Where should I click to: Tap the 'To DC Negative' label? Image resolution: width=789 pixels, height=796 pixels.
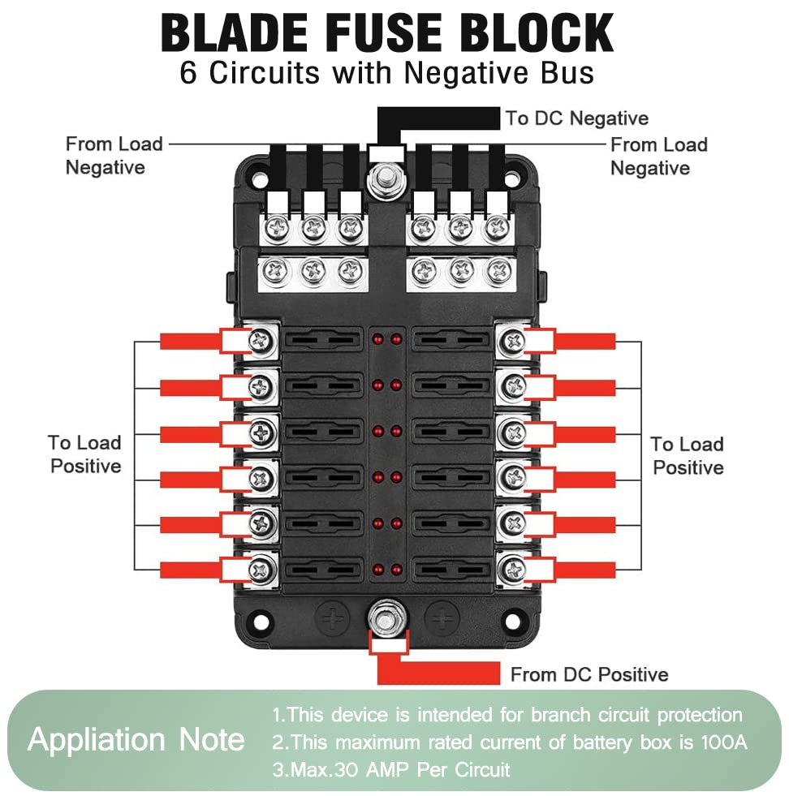pyautogui.click(x=577, y=118)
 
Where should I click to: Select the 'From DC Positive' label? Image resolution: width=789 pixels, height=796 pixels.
pyautogui.click(x=589, y=674)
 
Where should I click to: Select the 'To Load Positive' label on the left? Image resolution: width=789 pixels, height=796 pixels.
pyautogui.click(x=84, y=454)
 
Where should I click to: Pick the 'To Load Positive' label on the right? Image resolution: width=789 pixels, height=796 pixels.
pyautogui.click(x=688, y=455)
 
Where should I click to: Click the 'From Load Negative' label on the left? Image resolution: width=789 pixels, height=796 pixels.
pyautogui.click(x=114, y=156)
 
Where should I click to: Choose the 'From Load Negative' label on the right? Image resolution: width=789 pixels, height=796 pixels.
pyautogui.click(x=658, y=157)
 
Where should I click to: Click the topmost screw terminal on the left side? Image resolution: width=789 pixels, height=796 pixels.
pyautogui.click(x=261, y=342)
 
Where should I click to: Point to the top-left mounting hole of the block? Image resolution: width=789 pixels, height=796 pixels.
pyautogui.click(x=259, y=174)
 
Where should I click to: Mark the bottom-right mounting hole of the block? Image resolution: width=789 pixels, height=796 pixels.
pyautogui.click(x=512, y=622)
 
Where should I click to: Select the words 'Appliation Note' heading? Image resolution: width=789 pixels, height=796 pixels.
pyautogui.click(x=136, y=740)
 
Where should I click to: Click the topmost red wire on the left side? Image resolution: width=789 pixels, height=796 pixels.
pyautogui.click(x=191, y=342)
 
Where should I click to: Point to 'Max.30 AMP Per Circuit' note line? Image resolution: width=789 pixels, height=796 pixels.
pyautogui.click(x=391, y=769)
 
